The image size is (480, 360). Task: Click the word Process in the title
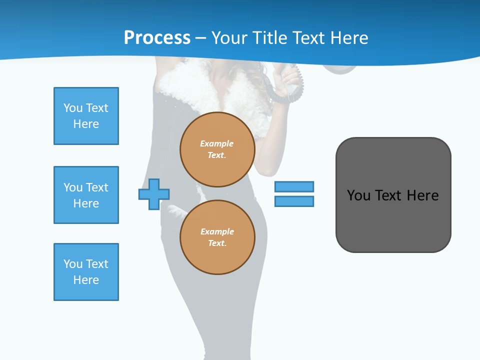157,38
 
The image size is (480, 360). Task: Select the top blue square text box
86,116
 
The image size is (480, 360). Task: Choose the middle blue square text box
86,195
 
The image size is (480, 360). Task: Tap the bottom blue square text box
86,272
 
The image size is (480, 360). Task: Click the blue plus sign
154,194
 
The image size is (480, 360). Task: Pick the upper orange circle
217,149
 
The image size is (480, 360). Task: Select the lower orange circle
217,237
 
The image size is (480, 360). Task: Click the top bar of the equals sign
294,186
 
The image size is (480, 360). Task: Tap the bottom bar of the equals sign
294,201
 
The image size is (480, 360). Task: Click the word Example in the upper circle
216,143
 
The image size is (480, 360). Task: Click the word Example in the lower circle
216,231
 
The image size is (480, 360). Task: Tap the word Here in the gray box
422,195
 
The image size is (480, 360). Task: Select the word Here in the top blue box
86,124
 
